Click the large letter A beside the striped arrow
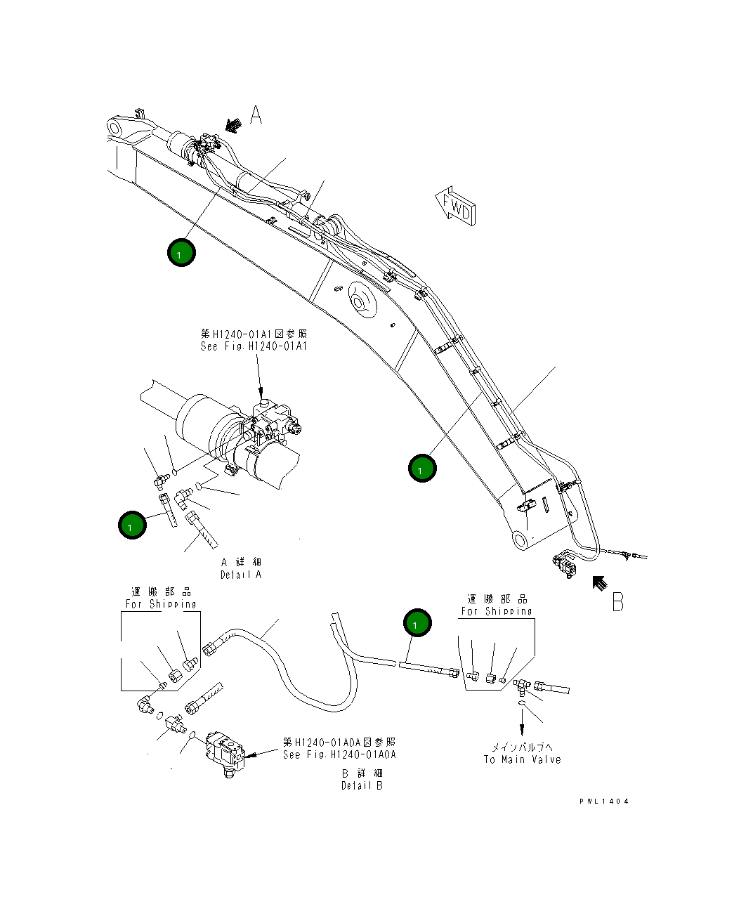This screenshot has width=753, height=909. click(x=256, y=115)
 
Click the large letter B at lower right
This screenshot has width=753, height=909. click(x=617, y=601)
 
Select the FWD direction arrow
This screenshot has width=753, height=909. click(x=455, y=206)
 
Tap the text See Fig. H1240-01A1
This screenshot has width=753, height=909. click(x=254, y=346)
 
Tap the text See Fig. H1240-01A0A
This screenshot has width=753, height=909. click(x=339, y=754)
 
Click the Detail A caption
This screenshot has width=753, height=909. click(x=241, y=575)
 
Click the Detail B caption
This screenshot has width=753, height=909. click(x=362, y=785)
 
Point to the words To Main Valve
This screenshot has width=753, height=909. click(x=522, y=759)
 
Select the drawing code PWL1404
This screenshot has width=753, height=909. click(x=604, y=801)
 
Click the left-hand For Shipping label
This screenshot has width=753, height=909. click(x=161, y=603)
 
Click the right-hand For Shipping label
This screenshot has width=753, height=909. click(x=497, y=611)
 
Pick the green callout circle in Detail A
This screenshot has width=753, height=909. click(x=131, y=525)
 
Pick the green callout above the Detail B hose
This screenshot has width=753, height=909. click(x=417, y=624)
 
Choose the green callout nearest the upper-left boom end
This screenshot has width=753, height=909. click(x=181, y=252)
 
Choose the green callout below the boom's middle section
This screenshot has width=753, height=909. click(x=422, y=468)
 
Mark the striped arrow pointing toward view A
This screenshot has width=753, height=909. click(x=232, y=124)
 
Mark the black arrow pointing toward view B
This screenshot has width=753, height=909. click(x=598, y=582)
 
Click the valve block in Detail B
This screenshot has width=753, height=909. click(x=225, y=754)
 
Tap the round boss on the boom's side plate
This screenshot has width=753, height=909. click(x=360, y=302)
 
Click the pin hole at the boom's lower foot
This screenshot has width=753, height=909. click(x=521, y=540)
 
